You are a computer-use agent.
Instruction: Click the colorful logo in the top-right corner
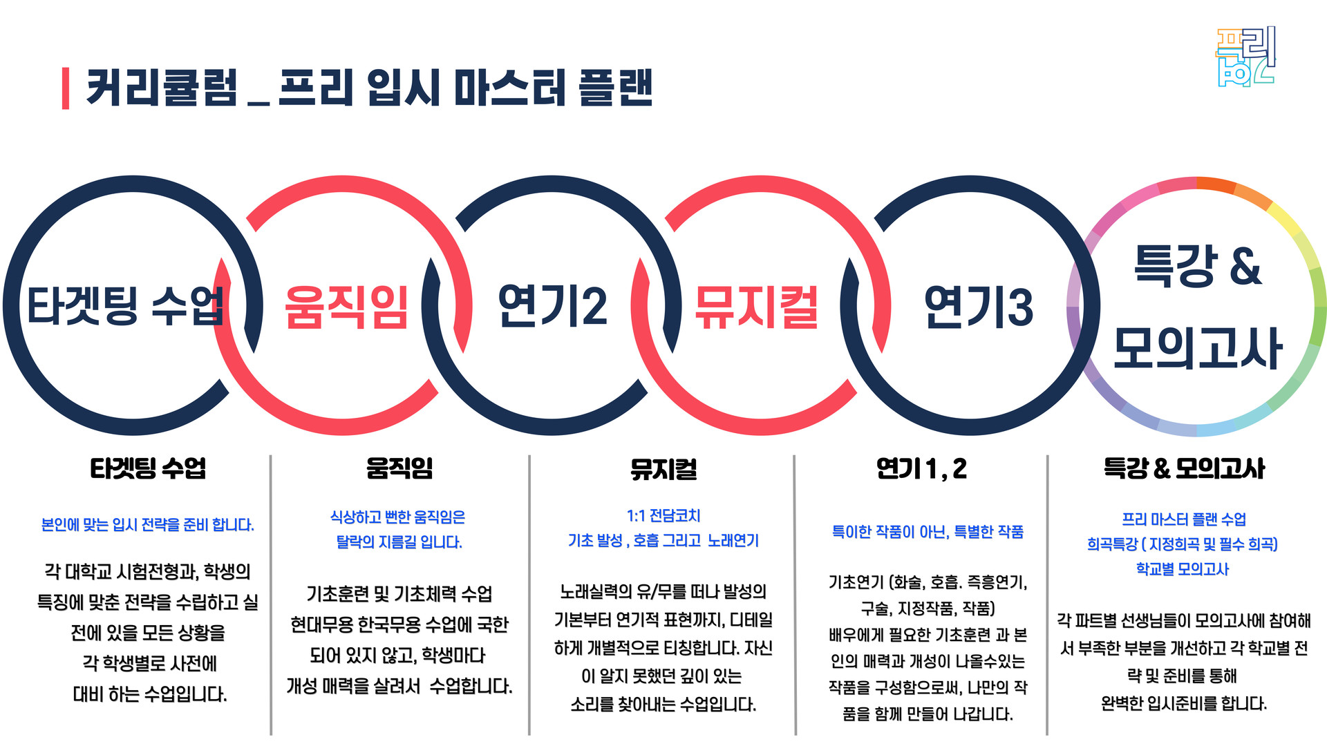coord(1245,57)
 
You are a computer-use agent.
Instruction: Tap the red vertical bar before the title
coord(66,88)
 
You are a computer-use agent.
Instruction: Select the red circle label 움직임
coord(346,307)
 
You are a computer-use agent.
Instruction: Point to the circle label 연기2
coord(552,305)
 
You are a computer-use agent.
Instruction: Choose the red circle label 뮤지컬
coord(757,307)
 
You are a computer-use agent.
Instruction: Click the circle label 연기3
coord(978,307)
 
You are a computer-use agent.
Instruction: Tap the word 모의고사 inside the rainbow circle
coord(1198,347)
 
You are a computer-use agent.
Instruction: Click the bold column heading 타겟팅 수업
coord(148,468)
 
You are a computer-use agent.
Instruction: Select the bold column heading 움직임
coord(399,468)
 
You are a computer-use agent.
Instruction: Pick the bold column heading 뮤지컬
coord(663,469)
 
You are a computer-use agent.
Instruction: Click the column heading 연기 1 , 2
coord(921,469)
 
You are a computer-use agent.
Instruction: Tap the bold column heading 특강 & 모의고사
coord(1184,469)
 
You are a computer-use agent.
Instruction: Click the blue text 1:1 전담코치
coord(663,516)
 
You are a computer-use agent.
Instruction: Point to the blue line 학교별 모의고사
coord(1183,569)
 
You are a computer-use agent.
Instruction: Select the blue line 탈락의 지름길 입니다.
coord(399,542)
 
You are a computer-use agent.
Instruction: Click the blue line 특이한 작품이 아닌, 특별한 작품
coord(928,532)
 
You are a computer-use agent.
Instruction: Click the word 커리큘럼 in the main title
coord(162,88)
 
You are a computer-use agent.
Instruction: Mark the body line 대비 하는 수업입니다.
coord(150,694)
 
